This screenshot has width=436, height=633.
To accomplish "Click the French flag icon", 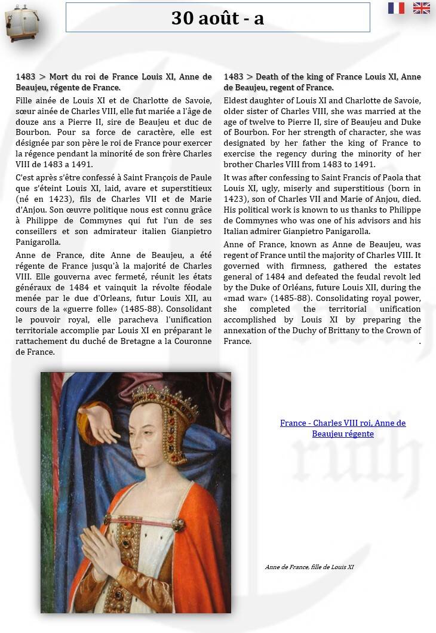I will tap(396, 8).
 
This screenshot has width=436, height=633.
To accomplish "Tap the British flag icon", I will tap(422, 8).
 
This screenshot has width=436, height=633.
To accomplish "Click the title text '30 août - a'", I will tap(217, 18).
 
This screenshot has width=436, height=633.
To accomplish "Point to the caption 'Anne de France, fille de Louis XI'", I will tap(309, 567).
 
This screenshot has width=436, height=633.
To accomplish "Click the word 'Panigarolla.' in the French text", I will tap(38, 242).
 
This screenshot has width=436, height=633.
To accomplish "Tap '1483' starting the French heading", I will tap(25, 77).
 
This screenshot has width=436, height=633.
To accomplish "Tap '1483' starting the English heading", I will tap(233, 77).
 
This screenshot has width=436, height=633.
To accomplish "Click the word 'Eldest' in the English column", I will tap(236, 100).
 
